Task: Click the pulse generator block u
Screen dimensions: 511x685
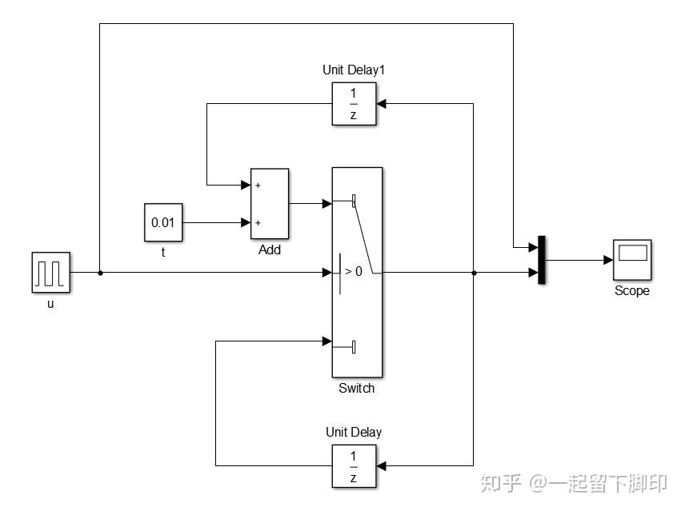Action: tap(51, 272)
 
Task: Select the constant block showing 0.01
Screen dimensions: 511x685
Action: tap(163, 222)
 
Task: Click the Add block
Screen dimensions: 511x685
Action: tap(270, 204)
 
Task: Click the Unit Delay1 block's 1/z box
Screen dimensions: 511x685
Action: tap(353, 105)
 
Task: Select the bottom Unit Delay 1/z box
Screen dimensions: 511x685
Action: tap(353, 466)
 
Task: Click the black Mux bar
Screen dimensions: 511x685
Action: tap(542, 260)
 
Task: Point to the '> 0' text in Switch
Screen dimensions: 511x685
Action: tap(353, 272)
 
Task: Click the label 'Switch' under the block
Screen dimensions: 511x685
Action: tap(356, 389)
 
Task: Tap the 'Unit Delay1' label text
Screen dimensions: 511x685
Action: tap(354, 70)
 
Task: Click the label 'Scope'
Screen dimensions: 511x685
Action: tap(631, 291)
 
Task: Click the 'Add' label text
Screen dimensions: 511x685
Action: tap(270, 250)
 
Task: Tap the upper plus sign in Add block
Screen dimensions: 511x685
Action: tap(258, 186)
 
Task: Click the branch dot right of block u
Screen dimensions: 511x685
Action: tap(99, 273)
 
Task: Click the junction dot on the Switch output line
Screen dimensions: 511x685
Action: tap(474, 273)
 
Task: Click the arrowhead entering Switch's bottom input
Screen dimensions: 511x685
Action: tap(326, 341)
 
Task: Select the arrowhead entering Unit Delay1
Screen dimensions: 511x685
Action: tap(381, 104)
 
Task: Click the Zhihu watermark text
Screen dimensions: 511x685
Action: tap(571, 484)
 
